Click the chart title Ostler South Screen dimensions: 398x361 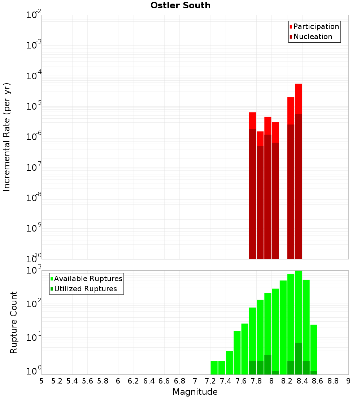[x=180, y=5]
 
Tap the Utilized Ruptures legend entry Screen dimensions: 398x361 [x=85, y=289]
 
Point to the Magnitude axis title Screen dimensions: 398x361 [x=195, y=392]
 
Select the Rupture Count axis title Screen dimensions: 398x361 [x=14, y=322]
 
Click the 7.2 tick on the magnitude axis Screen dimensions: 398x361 [x=210, y=381]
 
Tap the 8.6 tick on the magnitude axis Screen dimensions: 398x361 [x=318, y=381]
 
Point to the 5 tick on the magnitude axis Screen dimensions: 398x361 [x=42, y=381]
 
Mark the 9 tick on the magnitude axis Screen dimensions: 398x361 [x=348, y=381]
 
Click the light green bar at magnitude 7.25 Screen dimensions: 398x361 [x=214, y=367]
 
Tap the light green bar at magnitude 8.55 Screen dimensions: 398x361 [x=314, y=347]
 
